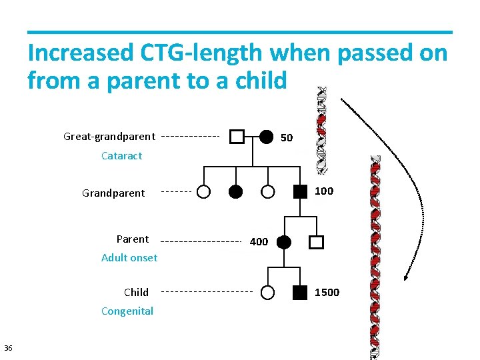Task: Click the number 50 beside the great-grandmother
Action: (x=287, y=138)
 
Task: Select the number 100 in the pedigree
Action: (x=324, y=191)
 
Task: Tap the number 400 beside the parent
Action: (x=259, y=242)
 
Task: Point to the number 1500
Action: (x=327, y=293)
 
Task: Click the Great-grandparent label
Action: (x=109, y=137)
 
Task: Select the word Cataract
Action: (x=121, y=156)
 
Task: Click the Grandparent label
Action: (x=113, y=193)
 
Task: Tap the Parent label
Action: (x=133, y=239)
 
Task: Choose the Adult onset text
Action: (x=129, y=258)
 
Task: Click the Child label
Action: (x=136, y=292)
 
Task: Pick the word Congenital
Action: (x=127, y=311)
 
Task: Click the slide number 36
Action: (x=8, y=348)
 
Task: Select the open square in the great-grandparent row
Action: (x=237, y=137)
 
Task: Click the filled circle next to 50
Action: (x=266, y=137)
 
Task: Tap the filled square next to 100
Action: (x=301, y=191)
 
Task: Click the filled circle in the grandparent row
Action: (x=235, y=192)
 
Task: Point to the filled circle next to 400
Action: (x=284, y=242)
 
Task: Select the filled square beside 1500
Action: (x=301, y=292)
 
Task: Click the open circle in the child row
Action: (x=267, y=292)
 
